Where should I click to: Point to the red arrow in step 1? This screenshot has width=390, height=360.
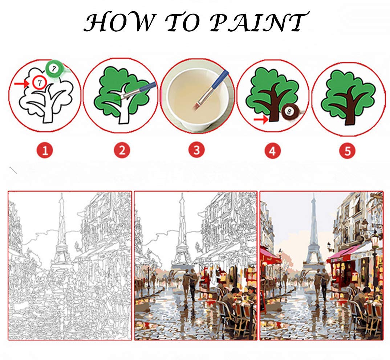coord(21,84)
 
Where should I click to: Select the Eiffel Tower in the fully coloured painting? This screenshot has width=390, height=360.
coord(313,236)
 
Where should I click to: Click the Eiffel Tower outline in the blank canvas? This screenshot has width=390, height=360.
coord(61,236)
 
